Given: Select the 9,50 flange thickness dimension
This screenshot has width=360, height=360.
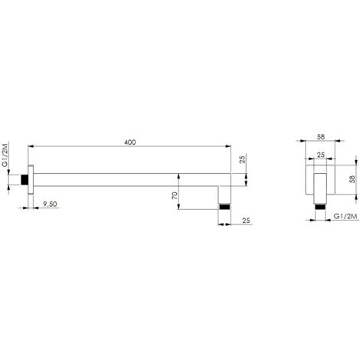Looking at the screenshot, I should click(51, 205).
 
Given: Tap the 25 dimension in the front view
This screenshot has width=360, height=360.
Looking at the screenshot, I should click(319, 156).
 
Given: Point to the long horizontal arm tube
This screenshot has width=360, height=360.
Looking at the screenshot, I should click(130, 182).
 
